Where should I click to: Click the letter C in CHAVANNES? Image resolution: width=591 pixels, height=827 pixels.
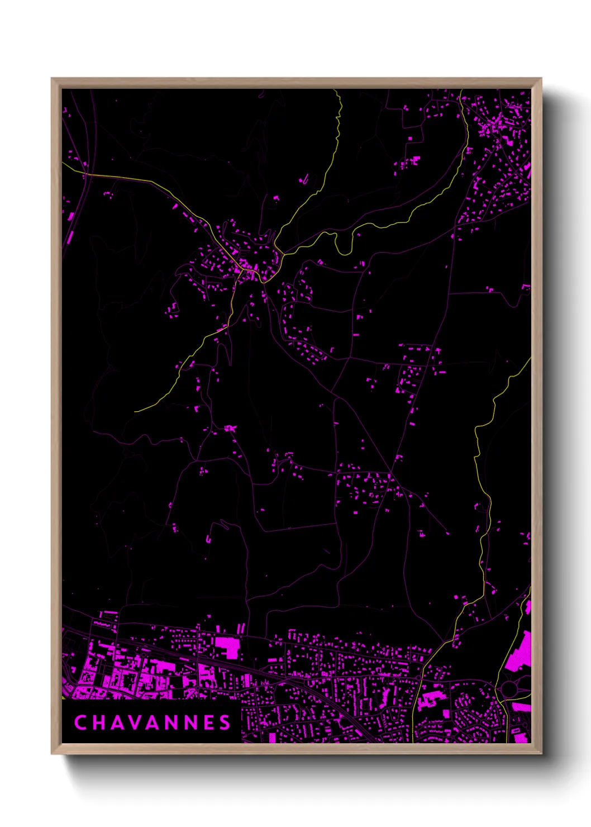(80, 723)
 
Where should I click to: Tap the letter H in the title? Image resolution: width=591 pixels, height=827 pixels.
(99, 723)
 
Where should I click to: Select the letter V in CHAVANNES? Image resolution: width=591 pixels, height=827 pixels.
(136, 723)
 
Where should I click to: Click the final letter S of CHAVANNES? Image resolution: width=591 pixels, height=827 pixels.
(225, 723)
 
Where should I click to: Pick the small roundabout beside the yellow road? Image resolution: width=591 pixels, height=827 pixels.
(418, 678)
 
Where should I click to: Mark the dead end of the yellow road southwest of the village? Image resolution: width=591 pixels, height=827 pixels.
(135, 412)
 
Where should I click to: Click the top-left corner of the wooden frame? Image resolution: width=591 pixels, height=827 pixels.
(52, 79)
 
